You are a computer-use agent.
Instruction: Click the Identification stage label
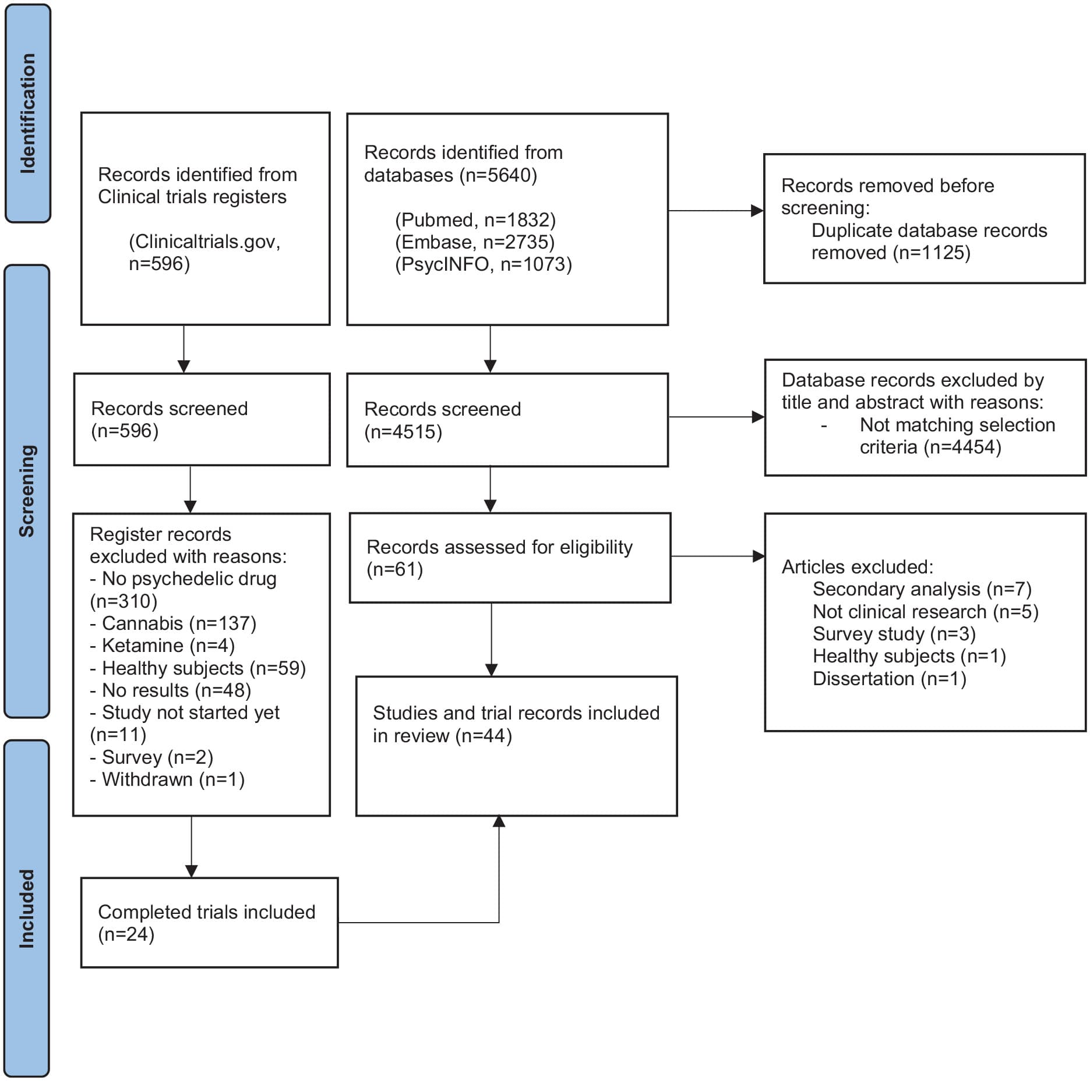point(27,114)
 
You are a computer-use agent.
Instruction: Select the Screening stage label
point(27,491)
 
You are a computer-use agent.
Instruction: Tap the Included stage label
point(27,909)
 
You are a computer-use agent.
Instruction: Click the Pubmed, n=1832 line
point(475,220)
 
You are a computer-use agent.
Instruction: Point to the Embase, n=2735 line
point(475,242)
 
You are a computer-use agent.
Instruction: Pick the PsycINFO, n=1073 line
point(484,264)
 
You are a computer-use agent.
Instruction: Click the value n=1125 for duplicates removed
point(932,253)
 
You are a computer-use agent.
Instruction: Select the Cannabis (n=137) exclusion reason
point(174,623)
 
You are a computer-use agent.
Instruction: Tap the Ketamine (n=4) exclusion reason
point(163,646)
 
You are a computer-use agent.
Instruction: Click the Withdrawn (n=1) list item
point(168,779)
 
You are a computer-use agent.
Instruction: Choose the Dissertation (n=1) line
point(889,679)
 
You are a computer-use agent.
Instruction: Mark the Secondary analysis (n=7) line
point(922,589)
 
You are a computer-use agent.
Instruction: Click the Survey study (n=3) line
point(894,634)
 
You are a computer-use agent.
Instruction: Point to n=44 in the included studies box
point(484,736)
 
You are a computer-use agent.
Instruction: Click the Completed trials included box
point(209,923)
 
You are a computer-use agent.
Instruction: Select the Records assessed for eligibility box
point(510,558)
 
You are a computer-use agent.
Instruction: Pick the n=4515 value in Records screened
point(403,432)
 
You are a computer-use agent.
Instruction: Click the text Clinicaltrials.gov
point(204,242)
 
